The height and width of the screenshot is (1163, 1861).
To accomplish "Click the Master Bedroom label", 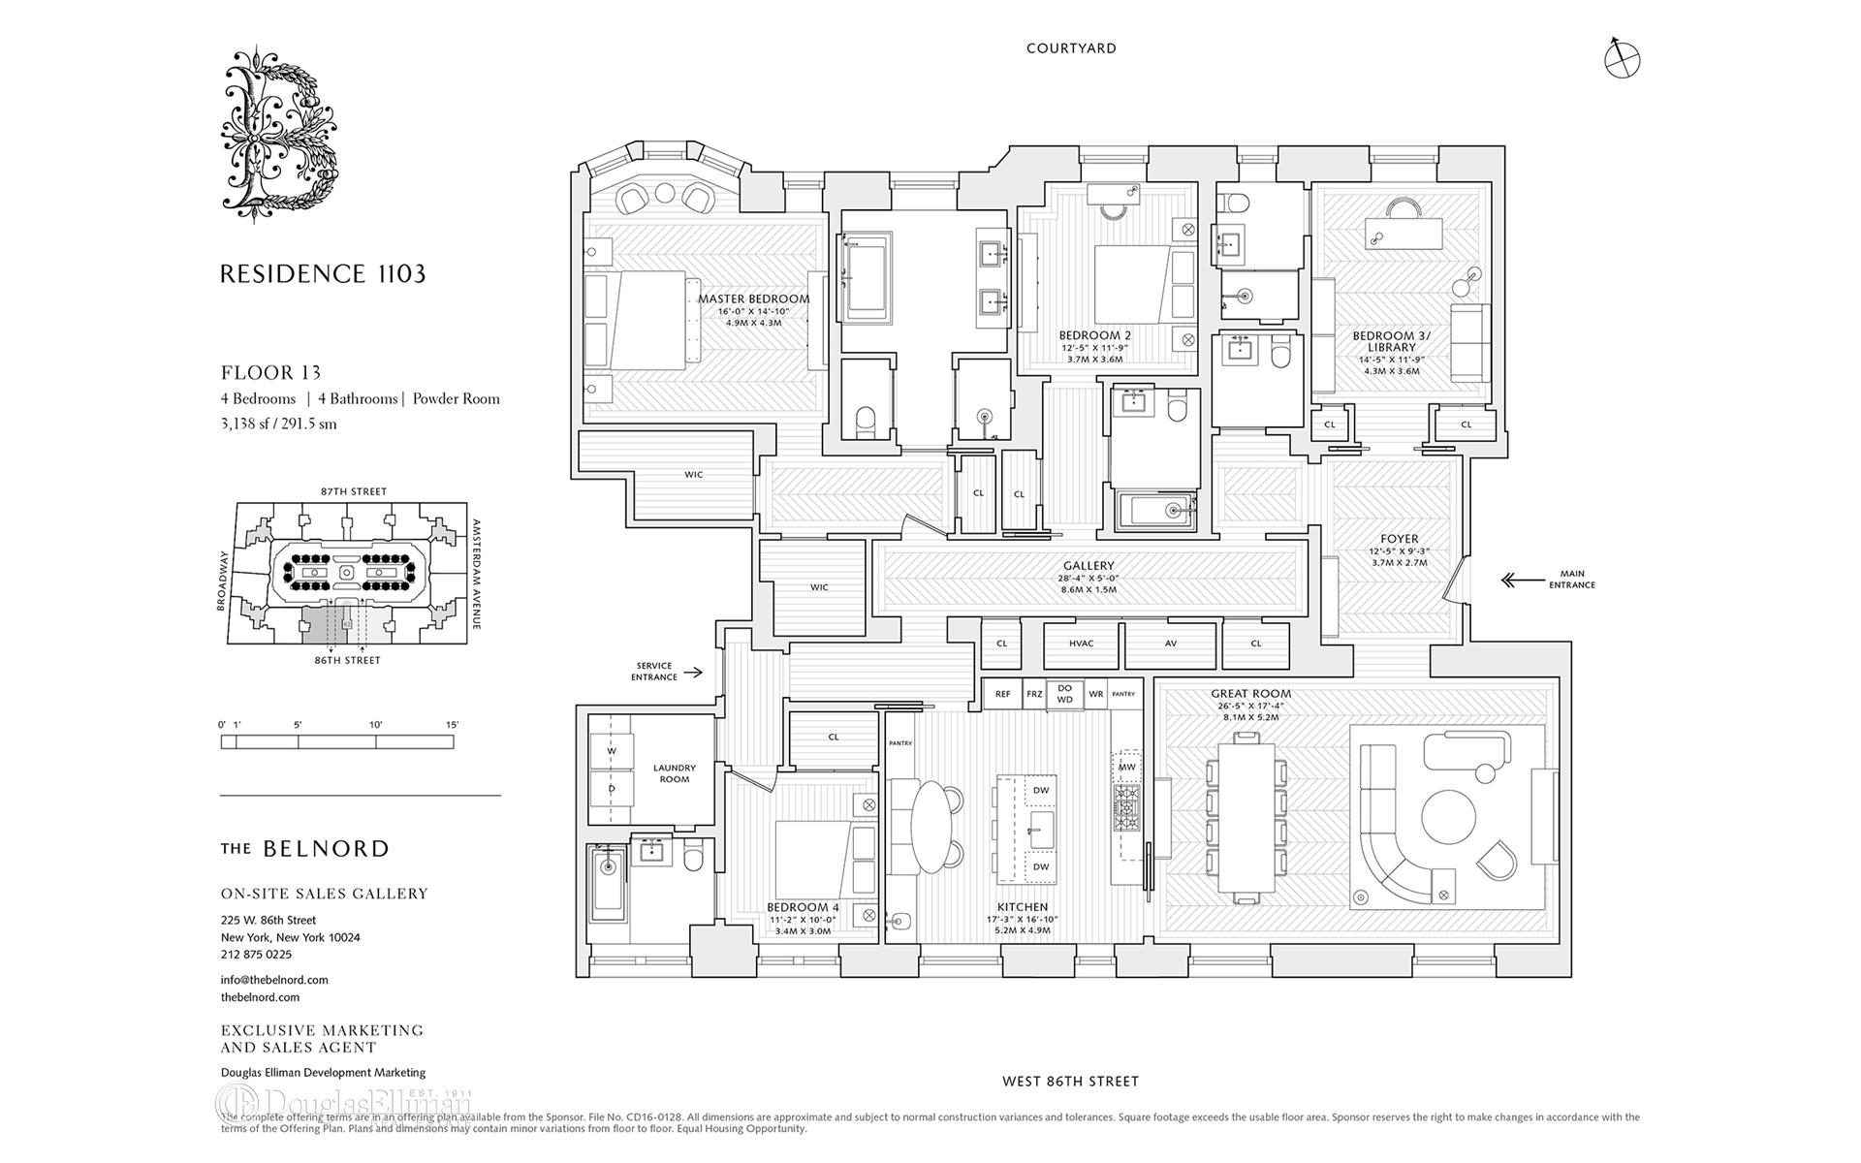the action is tap(754, 299).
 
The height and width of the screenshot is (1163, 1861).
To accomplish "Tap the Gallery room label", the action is tap(1088, 566).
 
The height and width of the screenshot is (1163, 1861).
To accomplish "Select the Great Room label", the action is tap(1250, 694).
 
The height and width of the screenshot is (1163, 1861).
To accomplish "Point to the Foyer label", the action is tap(1399, 539).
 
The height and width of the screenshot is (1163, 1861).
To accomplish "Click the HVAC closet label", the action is tap(1081, 644).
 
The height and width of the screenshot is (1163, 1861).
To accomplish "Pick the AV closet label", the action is tap(1170, 644).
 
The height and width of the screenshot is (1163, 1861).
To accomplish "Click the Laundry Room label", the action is tap(674, 773).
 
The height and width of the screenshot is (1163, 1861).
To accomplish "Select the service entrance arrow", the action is tap(692, 671).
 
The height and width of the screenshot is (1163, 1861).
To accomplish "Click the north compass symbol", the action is tap(1622, 59).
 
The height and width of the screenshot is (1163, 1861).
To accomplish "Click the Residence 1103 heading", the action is tap(323, 274).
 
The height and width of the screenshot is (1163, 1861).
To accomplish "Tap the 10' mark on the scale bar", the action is tap(375, 725).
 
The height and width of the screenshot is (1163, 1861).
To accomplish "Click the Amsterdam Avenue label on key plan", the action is tap(476, 574).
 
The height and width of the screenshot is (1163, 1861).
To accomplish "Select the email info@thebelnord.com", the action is tap(274, 980).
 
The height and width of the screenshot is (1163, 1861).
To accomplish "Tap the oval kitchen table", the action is tap(928, 827).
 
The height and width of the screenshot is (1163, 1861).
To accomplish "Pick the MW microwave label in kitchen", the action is tap(1126, 767).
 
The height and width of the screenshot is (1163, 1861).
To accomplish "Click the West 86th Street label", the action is tap(1071, 1081).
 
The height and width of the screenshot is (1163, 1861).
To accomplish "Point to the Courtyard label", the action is tap(1071, 48).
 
